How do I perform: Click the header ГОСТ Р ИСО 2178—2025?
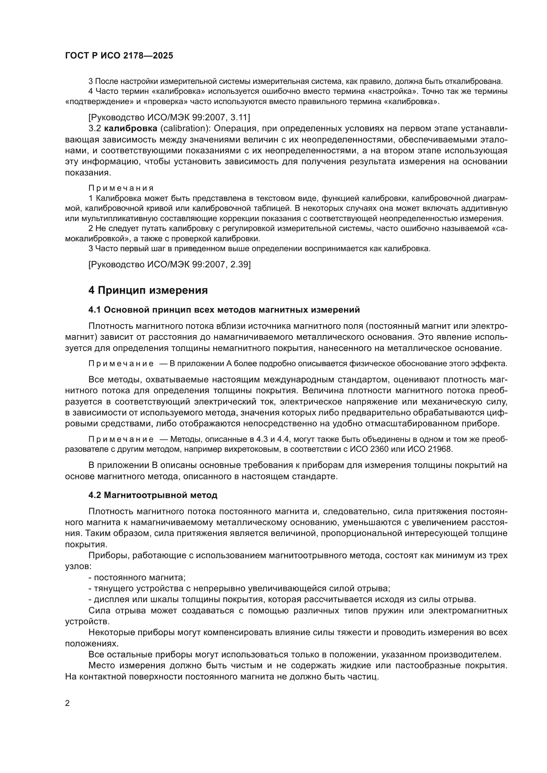click(119, 56)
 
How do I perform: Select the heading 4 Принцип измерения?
click(148, 290)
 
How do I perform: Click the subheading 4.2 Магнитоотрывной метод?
click(152, 495)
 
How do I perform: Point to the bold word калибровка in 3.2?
click(131, 128)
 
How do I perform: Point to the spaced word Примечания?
click(121, 188)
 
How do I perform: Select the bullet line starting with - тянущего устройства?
click(239, 589)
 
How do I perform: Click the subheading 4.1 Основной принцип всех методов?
click(224, 310)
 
